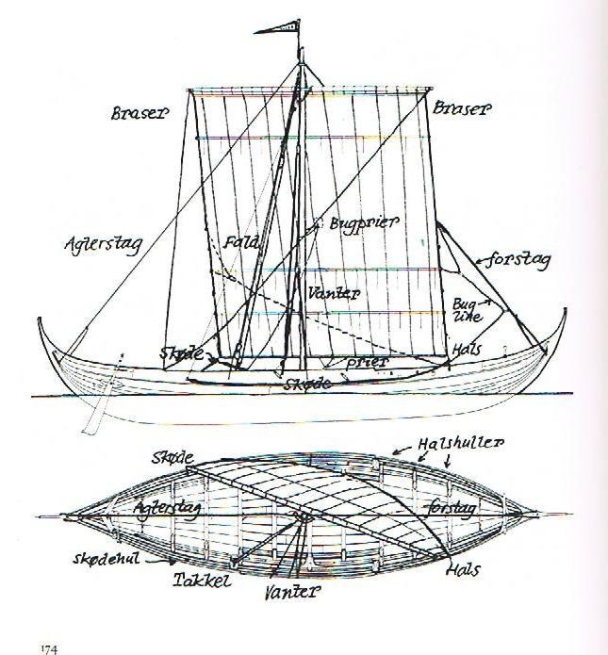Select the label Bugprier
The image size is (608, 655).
click(365, 223)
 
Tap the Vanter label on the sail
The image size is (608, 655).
click(334, 293)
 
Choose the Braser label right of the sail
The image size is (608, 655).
click(461, 109)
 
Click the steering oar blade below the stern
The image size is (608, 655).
click(90, 419)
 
